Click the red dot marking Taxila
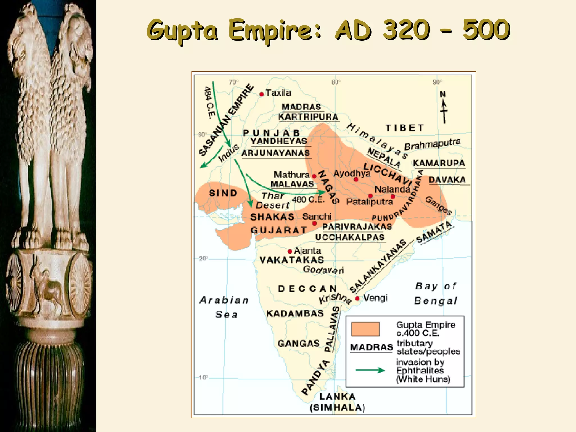point(262,94)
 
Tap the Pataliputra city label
point(370,202)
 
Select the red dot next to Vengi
point(357,298)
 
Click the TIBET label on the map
point(404,128)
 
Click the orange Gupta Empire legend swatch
point(365,329)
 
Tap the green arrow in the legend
point(370,370)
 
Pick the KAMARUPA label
point(439,163)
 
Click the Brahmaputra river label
point(432,144)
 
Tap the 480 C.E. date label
point(308,199)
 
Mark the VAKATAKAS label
point(292,260)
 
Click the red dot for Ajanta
point(290,251)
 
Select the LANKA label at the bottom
point(337,397)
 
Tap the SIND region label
point(223,193)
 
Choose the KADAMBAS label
point(295,313)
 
